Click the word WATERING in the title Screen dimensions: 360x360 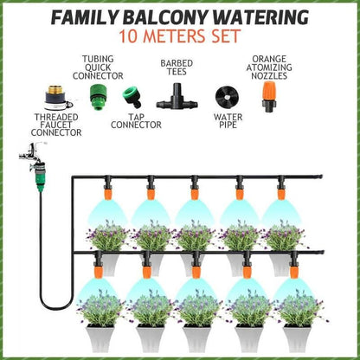pyautogui.click(x=262, y=17)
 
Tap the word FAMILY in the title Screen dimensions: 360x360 pyautogui.click(x=84, y=17)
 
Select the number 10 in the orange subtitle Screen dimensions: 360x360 pyautogui.click(x=128, y=36)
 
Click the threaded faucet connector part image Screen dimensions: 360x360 pyautogui.click(x=58, y=98)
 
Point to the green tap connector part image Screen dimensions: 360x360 pyautogui.click(x=131, y=99)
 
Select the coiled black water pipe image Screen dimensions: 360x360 pyautogui.click(x=228, y=98)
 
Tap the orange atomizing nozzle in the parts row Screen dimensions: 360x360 pyautogui.click(x=269, y=96)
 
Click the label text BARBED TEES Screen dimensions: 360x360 pyautogui.click(x=177, y=67)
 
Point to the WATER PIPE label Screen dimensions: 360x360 pyautogui.click(x=228, y=121)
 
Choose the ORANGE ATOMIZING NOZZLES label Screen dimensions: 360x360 pyautogui.click(x=269, y=67)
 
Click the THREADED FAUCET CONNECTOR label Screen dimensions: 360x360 pyautogui.click(x=56, y=125)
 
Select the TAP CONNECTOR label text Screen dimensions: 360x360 pyautogui.click(x=136, y=121)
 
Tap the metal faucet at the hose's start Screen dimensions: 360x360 pyautogui.click(x=32, y=153)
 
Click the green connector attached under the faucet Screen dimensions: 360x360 pyautogui.click(x=40, y=177)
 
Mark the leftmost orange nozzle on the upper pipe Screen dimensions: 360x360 pyautogui.click(x=107, y=193)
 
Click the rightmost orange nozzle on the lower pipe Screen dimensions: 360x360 pyautogui.click(x=294, y=272)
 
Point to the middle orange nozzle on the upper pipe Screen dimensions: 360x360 pyautogui.click(x=195, y=193)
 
